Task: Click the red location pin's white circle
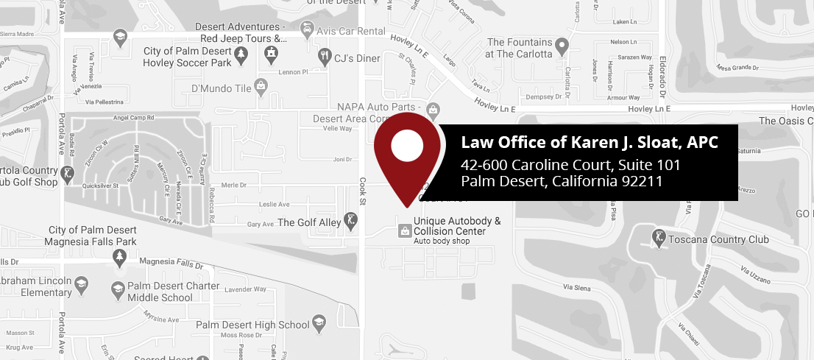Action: (407, 145)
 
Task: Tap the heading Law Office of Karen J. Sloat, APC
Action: (589, 142)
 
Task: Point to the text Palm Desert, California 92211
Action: (562, 181)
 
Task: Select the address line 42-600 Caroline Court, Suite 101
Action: (570, 164)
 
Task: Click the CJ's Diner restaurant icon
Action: (324, 55)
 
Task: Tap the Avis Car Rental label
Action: (350, 32)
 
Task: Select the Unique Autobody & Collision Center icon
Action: (404, 231)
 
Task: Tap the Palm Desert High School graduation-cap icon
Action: (319, 322)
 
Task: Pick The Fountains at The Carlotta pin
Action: (562, 48)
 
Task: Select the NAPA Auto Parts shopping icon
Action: (433, 111)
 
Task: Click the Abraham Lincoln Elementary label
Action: (37, 287)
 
